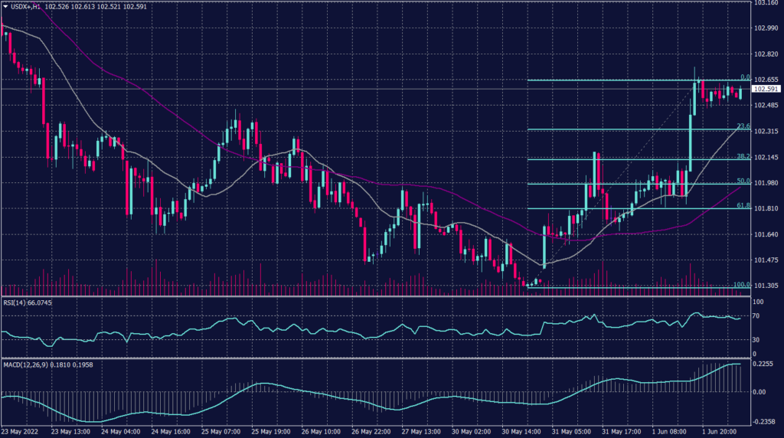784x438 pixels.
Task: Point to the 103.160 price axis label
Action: pos(766,3)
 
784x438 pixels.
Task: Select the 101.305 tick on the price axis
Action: pos(766,286)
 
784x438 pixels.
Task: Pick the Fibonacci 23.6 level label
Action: pos(742,126)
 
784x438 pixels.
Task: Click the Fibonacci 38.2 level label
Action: pos(742,156)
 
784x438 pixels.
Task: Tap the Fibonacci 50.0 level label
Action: pos(742,181)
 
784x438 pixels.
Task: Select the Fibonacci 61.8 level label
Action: pos(742,206)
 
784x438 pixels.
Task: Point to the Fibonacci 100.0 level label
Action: pos(740,285)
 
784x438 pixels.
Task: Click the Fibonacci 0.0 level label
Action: pos(743,77)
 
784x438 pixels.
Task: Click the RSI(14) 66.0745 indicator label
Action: pos(30,302)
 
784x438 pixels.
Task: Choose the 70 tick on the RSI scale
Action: pos(756,315)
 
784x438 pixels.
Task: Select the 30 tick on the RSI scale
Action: pos(756,338)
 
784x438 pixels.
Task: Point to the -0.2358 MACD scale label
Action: pos(764,420)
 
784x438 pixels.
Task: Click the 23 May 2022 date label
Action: pos(21,432)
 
